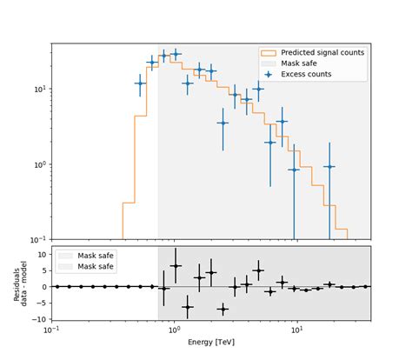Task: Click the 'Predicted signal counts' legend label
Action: pyautogui.click(x=322, y=53)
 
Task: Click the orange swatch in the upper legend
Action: pyautogui.click(x=268, y=53)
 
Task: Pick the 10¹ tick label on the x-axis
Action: pyautogui.click(x=296, y=330)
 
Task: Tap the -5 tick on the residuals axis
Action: pyautogui.click(x=42, y=303)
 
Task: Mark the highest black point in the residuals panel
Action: pyautogui.click(x=176, y=266)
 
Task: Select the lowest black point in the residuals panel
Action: pyautogui.click(x=223, y=309)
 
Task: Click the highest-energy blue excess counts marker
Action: pyautogui.click(x=329, y=166)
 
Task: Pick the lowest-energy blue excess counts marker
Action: pyautogui.click(x=140, y=83)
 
